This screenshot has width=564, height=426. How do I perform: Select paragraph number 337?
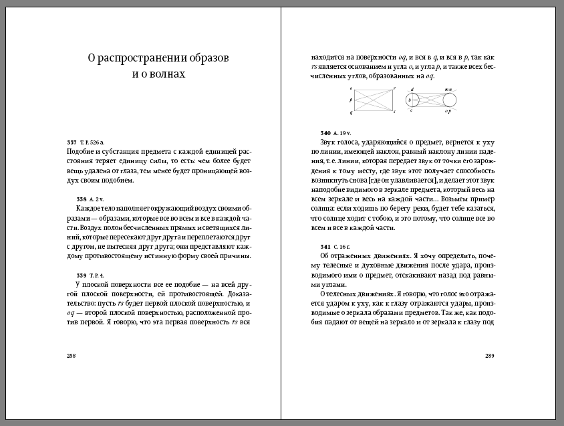[x=72, y=143]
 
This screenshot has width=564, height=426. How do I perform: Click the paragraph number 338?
[x=82, y=199]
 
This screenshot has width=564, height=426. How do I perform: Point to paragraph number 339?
[x=82, y=275]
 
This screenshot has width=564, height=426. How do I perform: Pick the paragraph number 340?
[x=326, y=133]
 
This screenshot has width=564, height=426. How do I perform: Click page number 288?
[x=71, y=355]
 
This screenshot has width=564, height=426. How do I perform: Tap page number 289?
[x=489, y=355]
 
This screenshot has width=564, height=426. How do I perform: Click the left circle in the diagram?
[x=412, y=100]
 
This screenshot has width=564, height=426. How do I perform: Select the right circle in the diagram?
[x=449, y=100]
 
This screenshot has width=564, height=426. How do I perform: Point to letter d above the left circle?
[x=412, y=89]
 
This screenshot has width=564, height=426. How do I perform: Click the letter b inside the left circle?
[x=408, y=100]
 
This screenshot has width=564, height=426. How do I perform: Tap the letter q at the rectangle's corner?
[x=351, y=112]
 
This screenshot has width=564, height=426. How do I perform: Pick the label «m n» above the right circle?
[x=448, y=89]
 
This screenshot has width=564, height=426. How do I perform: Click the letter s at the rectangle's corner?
[x=394, y=112]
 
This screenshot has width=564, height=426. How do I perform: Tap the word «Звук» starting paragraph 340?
[x=329, y=142]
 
